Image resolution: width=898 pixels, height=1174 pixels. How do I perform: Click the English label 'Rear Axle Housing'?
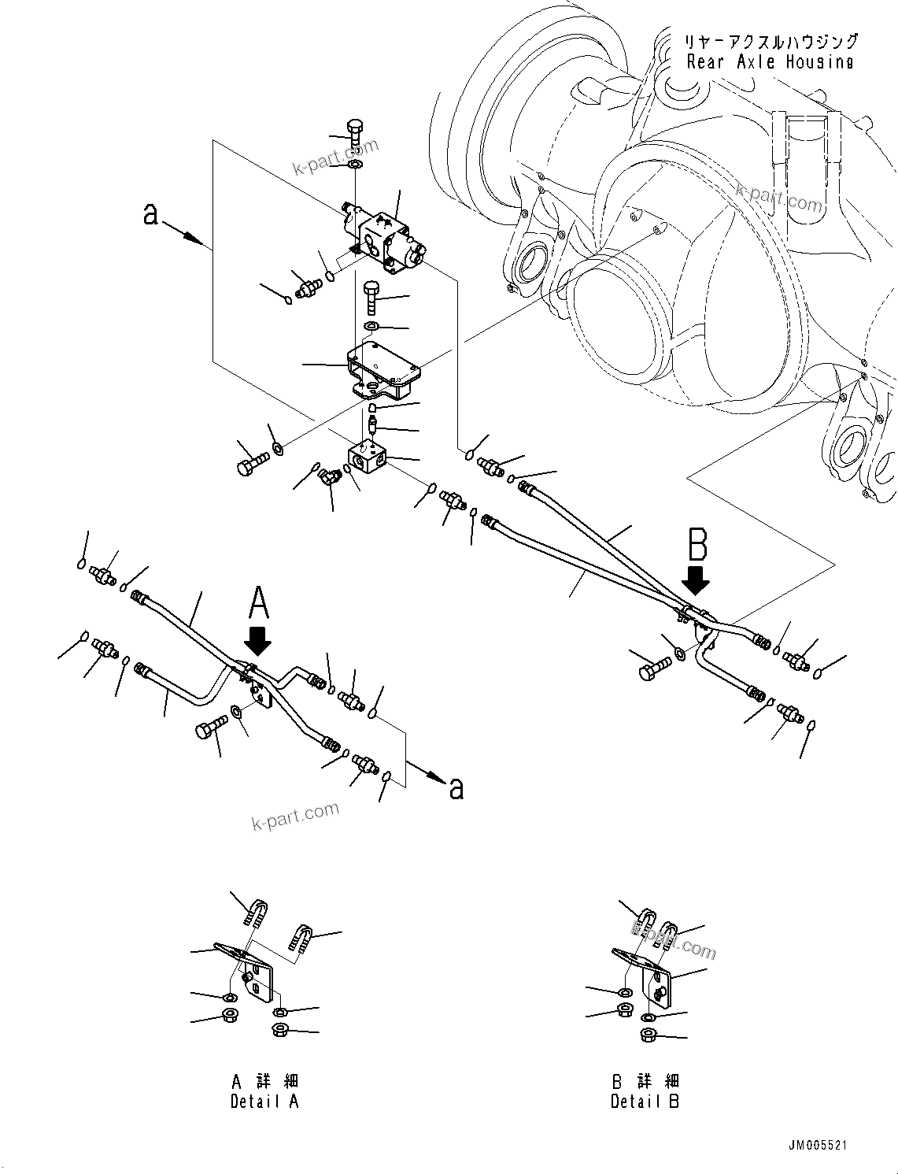[769, 62]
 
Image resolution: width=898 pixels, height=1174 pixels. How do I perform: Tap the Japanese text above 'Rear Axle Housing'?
[769, 41]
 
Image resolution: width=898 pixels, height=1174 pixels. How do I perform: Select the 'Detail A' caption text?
[264, 1102]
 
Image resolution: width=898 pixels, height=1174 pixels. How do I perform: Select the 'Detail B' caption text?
[645, 1102]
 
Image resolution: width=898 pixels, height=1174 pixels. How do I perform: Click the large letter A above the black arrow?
[259, 605]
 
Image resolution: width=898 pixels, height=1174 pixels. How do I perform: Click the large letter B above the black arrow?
[697, 545]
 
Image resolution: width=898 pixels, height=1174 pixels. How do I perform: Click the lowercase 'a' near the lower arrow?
[456, 788]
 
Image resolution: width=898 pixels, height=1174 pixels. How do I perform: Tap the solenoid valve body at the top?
[386, 240]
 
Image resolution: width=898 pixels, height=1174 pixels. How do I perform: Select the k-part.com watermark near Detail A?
[295, 815]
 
